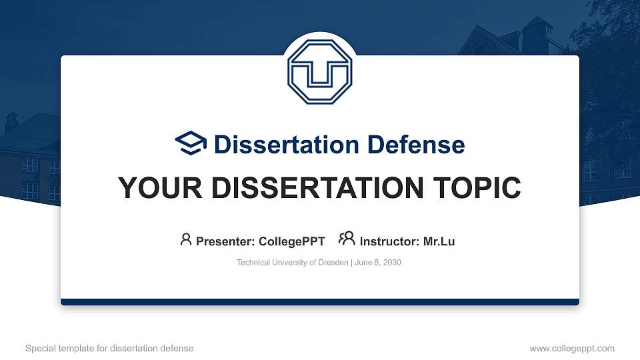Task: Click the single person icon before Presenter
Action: pyautogui.click(x=186, y=240)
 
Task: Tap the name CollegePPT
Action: pyautogui.click(x=293, y=241)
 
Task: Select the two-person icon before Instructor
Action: pyautogui.click(x=347, y=239)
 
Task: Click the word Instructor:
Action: pyautogui.click(x=390, y=241)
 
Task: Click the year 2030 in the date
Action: pyautogui.click(x=392, y=263)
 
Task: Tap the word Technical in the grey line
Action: pyautogui.click(x=253, y=263)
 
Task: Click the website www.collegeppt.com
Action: pyautogui.click(x=572, y=348)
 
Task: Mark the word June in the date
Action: pyautogui.click(x=363, y=263)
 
